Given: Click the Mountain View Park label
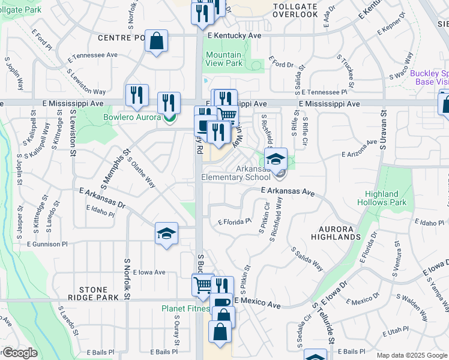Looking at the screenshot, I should click(x=224, y=59).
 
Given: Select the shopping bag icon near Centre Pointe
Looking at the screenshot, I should click(x=156, y=42).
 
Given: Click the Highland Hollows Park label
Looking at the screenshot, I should click(x=382, y=198).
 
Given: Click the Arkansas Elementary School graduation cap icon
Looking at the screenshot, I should click(x=276, y=160).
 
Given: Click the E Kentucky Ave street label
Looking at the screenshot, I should click(x=235, y=36).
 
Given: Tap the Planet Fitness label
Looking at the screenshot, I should click(x=185, y=309).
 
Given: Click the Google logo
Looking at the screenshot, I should click(x=19, y=353).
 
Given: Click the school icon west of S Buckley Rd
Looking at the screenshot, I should click(x=166, y=234).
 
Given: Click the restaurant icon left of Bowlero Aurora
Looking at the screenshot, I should click(x=137, y=95).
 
